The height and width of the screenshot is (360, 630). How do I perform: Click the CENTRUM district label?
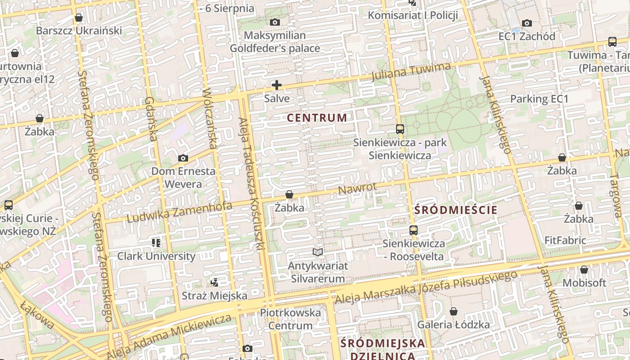(x=317, y=118)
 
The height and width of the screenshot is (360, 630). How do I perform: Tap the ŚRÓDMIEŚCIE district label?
(x=455, y=210)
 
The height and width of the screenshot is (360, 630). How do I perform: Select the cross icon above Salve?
(x=277, y=85)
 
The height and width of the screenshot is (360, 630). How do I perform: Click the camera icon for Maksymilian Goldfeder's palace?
(x=274, y=22)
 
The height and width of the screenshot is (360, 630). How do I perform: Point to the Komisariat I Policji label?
(x=413, y=15)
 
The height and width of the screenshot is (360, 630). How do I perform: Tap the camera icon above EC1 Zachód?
(x=526, y=23)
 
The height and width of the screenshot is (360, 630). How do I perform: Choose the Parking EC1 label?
(x=539, y=99)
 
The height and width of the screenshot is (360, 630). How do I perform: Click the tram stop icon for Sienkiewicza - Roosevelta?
(x=413, y=230)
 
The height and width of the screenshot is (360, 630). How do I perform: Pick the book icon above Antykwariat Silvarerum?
(x=318, y=252)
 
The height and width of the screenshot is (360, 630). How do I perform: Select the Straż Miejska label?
(x=214, y=296)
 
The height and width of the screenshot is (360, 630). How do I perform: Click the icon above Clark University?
(x=156, y=243)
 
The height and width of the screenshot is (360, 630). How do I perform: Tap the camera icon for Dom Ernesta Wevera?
(x=183, y=158)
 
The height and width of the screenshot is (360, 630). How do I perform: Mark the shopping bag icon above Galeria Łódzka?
(x=453, y=311)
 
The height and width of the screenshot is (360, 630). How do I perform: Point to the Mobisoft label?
(x=584, y=283)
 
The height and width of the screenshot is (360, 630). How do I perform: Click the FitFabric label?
(x=565, y=240)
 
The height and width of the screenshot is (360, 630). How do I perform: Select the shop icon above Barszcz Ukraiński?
(x=79, y=18)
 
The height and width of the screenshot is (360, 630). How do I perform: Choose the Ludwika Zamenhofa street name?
(x=180, y=212)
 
